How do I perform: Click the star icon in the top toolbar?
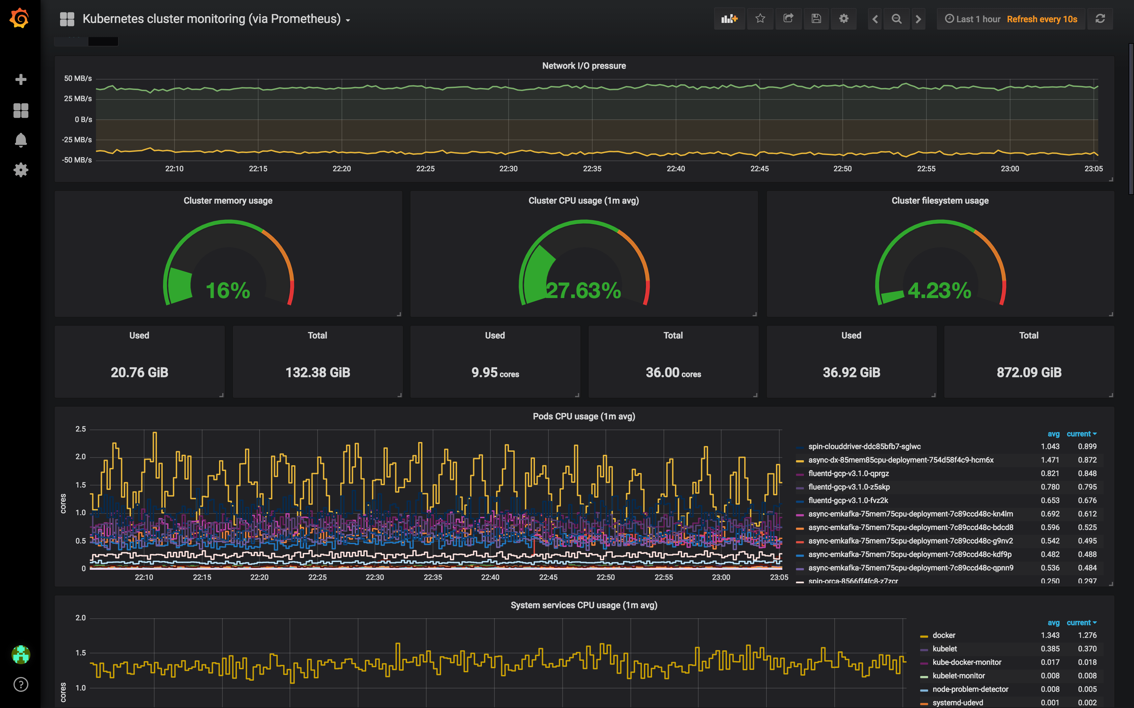pyautogui.click(x=760, y=19)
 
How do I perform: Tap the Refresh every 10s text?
pyautogui.click(x=1042, y=19)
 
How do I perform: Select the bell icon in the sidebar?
pyautogui.click(x=21, y=140)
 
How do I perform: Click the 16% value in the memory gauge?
pyautogui.click(x=228, y=290)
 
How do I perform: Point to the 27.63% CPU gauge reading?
pyautogui.click(x=584, y=290)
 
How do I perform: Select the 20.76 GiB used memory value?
pyautogui.click(x=139, y=372)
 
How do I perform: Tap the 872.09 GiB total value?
pyautogui.click(x=1029, y=372)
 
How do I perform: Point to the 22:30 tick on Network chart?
pyautogui.click(x=508, y=169)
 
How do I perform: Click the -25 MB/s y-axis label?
pyautogui.click(x=77, y=140)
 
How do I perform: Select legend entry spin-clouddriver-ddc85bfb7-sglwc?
pyautogui.click(x=864, y=446)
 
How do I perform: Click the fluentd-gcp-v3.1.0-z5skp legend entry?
pyautogui.click(x=848, y=487)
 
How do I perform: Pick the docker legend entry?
pyautogui.click(x=943, y=636)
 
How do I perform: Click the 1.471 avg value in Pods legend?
pyautogui.click(x=1050, y=460)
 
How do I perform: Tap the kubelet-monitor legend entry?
pyautogui.click(x=958, y=676)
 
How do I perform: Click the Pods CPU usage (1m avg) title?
pyautogui.click(x=584, y=416)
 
